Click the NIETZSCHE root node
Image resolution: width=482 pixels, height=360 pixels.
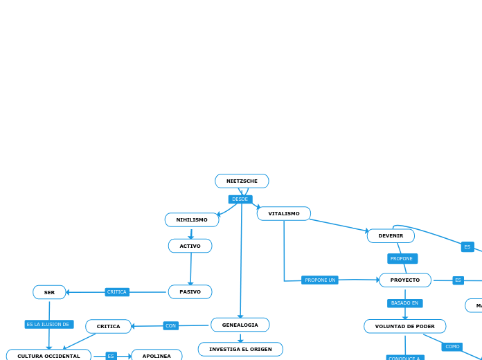tap(242, 181)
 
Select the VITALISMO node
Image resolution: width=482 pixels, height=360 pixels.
tap(284, 214)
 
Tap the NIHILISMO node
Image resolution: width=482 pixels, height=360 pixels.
tap(192, 220)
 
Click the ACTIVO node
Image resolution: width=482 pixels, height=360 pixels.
tap(190, 246)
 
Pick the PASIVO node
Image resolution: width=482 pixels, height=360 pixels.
tap(190, 292)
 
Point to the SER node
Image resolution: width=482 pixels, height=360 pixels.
tap(49, 293)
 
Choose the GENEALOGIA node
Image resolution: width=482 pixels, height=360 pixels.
tap(240, 325)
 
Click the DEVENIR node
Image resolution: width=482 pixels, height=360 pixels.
tap(391, 236)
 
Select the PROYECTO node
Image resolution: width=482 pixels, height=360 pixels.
tap(405, 280)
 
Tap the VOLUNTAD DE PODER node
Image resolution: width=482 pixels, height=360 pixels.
tap(405, 327)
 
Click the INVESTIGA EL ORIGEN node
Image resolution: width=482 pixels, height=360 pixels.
tap(240, 350)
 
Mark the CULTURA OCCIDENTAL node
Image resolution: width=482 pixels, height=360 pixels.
tap(48, 356)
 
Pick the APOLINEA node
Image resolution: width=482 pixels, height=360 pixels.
tap(157, 356)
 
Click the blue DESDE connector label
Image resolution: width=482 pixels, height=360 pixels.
tap(240, 199)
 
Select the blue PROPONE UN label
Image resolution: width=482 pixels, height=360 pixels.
tap(320, 280)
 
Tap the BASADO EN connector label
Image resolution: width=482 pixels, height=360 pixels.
tap(404, 303)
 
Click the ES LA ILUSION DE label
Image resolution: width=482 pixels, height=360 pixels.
tap(48, 325)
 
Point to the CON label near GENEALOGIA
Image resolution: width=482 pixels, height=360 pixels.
tap(170, 326)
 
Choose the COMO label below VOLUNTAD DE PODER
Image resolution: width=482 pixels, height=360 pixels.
tap(452, 347)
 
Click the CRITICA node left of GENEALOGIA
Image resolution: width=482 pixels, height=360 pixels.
tap(108, 327)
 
